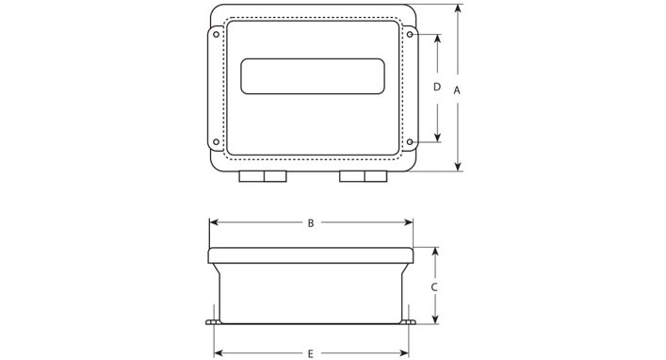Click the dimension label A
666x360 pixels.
coord(457,90)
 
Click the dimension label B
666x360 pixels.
coord(311,223)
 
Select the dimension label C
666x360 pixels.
coord(434,287)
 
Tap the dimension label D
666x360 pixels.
coord(437,87)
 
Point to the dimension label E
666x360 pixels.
coord(311,353)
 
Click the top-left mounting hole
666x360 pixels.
coord(217,35)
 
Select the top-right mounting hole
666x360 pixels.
coord(410,35)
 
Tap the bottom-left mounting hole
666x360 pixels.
coord(217,142)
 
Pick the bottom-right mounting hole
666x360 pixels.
coord(410,142)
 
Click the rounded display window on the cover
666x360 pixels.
coord(313,76)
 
